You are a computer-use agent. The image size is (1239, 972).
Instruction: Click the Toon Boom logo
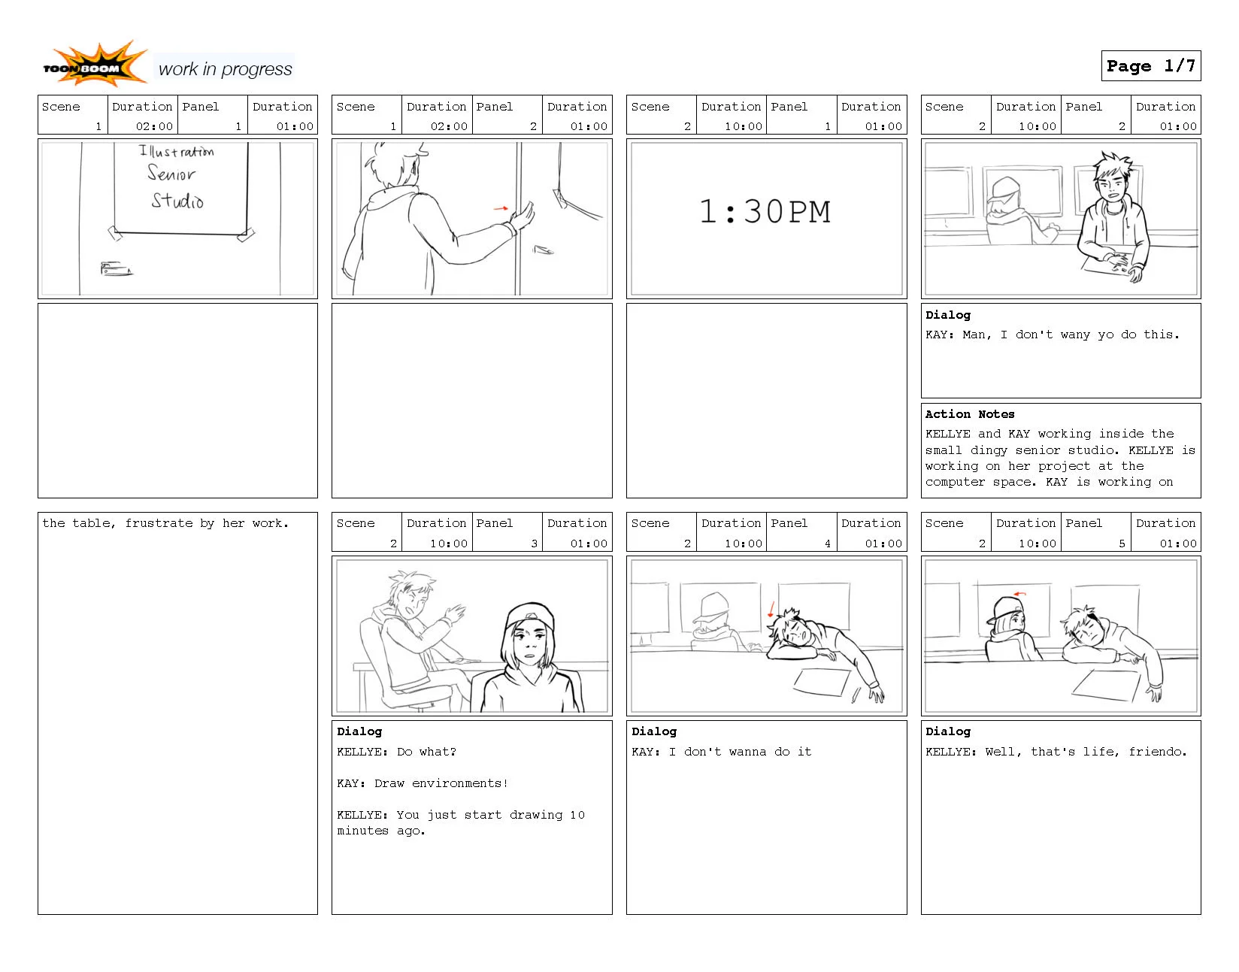tap(94, 65)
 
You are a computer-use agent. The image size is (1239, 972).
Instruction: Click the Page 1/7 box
tap(1150, 66)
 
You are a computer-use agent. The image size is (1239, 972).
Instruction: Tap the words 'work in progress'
tap(225, 69)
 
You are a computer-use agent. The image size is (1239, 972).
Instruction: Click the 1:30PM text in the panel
tap(765, 213)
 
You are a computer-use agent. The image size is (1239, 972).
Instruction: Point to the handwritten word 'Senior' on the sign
tap(171, 174)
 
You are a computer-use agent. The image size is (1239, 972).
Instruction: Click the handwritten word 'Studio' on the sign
tap(177, 201)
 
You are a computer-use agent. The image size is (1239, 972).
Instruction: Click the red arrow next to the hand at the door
tap(501, 208)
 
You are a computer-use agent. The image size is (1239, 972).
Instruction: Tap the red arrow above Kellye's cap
tap(1019, 594)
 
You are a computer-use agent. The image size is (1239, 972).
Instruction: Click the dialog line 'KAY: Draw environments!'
tap(422, 783)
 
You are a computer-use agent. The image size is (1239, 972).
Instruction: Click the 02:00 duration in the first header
tap(154, 126)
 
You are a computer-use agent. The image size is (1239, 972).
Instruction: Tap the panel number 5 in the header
tap(1122, 544)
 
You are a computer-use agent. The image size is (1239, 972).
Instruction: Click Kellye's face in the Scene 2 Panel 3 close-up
tap(529, 645)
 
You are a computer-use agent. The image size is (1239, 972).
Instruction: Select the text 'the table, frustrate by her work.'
tap(165, 523)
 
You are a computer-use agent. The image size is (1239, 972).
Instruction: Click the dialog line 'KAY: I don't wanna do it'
tap(721, 752)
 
